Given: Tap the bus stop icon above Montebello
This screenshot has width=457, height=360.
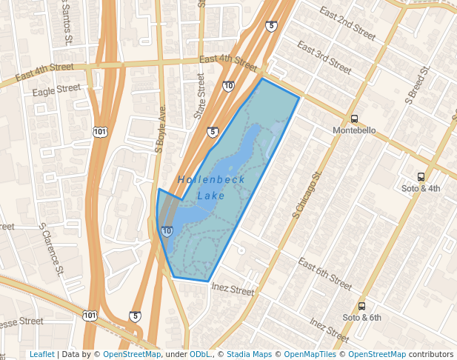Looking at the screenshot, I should pyautogui.click(x=354, y=119).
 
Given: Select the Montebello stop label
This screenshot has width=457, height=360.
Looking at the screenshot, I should pyautogui.click(x=355, y=130).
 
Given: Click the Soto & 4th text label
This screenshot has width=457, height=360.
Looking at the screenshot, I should pyautogui.click(x=421, y=188).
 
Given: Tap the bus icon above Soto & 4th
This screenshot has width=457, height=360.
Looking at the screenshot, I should pyautogui.click(x=421, y=177).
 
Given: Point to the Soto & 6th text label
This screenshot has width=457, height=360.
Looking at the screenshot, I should pyautogui.click(x=362, y=317).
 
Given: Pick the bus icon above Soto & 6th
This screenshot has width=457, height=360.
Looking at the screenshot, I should pyautogui.click(x=362, y=306).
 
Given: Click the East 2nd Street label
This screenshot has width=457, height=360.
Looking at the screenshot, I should pyautogui.click(x=347, y=22).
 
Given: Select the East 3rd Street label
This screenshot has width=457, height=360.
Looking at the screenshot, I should pyautogui.click(x=324, y=57).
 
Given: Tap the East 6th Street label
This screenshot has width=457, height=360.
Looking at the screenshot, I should pyautogui.click(x=324, y=273).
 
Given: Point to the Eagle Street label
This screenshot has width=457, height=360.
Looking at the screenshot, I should pyautogui.click(x=56, y=89).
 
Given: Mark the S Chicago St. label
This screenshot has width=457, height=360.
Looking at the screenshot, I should pyautogui.click(x=308, y=195).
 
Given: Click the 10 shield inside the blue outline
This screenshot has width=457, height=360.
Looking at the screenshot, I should pyautogui.click(x=167, y=231).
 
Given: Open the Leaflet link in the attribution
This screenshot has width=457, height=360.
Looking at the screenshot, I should pyautogui.click(x=41, y=354).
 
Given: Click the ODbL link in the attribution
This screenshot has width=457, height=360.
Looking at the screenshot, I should pyautogui.click(x=199, y=354).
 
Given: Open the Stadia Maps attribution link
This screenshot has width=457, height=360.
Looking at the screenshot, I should pyautogui.click(x=249, y=354).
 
